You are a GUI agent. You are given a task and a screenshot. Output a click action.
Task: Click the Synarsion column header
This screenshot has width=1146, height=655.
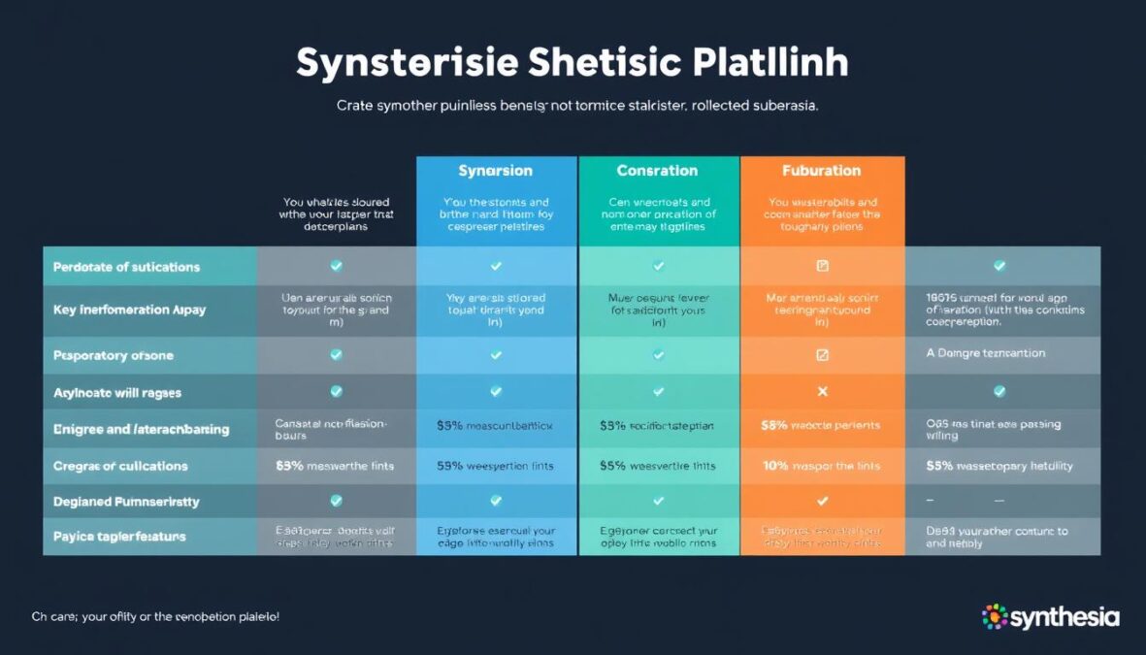tap(496, 171)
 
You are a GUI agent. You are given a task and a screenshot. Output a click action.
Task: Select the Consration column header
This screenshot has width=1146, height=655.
tap(657, 171)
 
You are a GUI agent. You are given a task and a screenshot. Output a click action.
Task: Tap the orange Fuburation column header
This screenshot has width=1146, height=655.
tap(821, 171)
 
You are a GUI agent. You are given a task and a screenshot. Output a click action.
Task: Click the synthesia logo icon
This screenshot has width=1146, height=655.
tap(995, 616)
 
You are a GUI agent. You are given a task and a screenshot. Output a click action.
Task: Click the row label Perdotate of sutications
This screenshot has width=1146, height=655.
tap(126, 267)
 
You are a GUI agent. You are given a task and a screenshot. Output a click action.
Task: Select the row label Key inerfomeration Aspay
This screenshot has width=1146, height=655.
tap(129, 311)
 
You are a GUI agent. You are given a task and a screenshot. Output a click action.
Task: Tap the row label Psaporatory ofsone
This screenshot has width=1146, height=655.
tap(113, 356)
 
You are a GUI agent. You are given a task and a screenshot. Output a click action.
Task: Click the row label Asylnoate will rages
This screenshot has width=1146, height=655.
tap(116, 393)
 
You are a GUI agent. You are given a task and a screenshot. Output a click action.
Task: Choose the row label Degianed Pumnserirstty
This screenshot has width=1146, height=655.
tap(126, 502)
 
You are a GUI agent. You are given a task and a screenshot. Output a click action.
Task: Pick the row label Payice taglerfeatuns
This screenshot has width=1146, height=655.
tap(119, 537)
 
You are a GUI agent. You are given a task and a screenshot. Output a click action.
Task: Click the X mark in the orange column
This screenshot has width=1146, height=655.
tap(822, 392)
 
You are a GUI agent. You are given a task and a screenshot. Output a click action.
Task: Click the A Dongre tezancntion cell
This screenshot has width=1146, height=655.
tap(986, 354)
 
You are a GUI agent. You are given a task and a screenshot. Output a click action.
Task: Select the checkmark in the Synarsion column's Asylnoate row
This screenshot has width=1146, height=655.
tap(496, 392)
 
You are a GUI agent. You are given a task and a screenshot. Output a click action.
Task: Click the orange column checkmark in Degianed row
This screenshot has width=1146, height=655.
tap(822, 502)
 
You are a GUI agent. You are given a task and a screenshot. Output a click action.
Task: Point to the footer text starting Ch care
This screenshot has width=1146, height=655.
tap(155, 616)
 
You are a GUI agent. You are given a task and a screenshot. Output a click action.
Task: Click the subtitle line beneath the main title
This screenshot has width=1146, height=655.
tap(576, 106)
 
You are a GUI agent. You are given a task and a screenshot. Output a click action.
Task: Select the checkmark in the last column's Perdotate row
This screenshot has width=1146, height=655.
tap(999, 266)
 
